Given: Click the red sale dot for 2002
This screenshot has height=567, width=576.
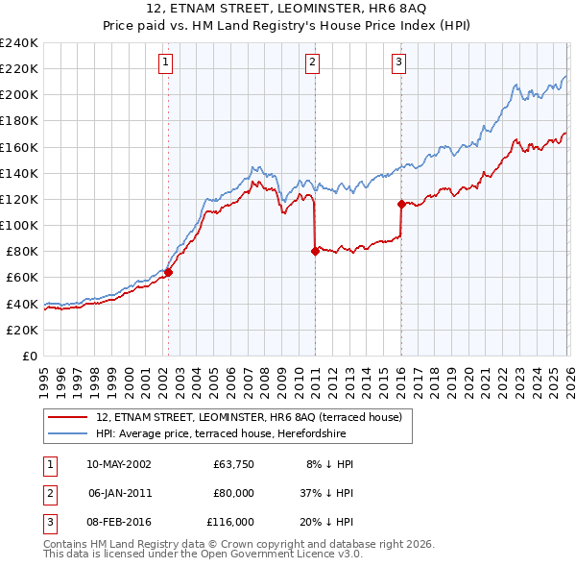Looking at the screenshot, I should pyautogui.click(x=168, y=272).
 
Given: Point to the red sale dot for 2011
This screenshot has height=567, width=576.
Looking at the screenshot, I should pyautogui.click(x=315, y=251).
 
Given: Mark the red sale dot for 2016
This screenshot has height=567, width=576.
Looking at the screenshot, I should pyautogui.click(x=400, y=204).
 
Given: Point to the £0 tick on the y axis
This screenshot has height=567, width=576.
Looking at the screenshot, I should pyautogui.click(x=29, y=356).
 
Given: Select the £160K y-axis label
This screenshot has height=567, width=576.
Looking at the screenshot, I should pyautogui.click(x=19, y=147).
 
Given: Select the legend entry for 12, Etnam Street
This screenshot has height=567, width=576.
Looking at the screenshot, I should pyautogui.click(x=254, y=417).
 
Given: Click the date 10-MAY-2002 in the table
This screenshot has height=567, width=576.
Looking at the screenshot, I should pyautogui.click(x=118, y=464).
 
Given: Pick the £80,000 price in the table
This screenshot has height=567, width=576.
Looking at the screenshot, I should pyautogui.click(x=233, y=493).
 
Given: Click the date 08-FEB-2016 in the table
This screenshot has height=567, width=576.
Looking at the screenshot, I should pyautogui.click(x=118, y=522).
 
